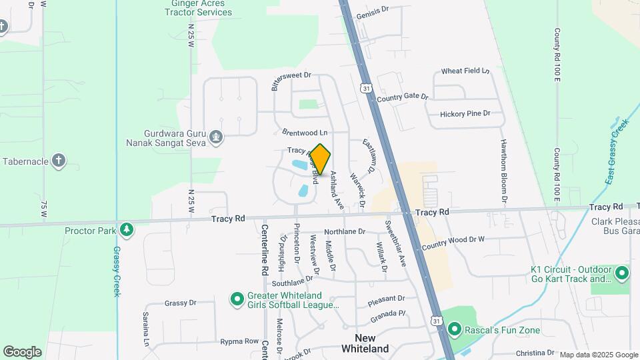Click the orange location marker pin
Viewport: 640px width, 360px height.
(321, 159)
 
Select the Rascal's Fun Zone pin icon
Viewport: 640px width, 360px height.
(455, 329)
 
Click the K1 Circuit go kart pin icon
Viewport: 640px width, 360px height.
(621, 273)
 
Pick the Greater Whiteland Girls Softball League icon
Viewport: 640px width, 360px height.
(237, 300)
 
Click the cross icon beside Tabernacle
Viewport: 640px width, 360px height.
(59, 161)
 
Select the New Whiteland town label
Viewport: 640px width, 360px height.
(365, 343)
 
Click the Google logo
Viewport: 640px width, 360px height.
(22, 352)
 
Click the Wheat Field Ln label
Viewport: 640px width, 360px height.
(465, 71)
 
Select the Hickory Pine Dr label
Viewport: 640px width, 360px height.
(465, 114)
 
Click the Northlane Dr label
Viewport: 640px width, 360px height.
(345, 232)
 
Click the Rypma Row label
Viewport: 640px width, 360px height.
(239, 341)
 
